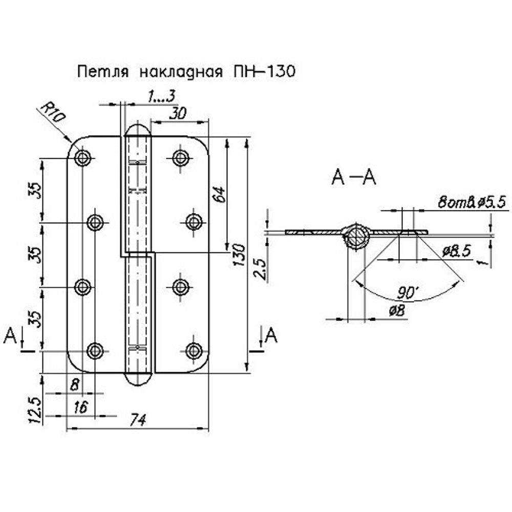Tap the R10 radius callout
(x=53, y=112)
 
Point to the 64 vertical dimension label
(x=219, y=195)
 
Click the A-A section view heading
(x=354, y=178)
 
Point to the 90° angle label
(x=408, y=293)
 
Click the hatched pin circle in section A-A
(x=355, y=237)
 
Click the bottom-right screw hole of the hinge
(x=193, y=351)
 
